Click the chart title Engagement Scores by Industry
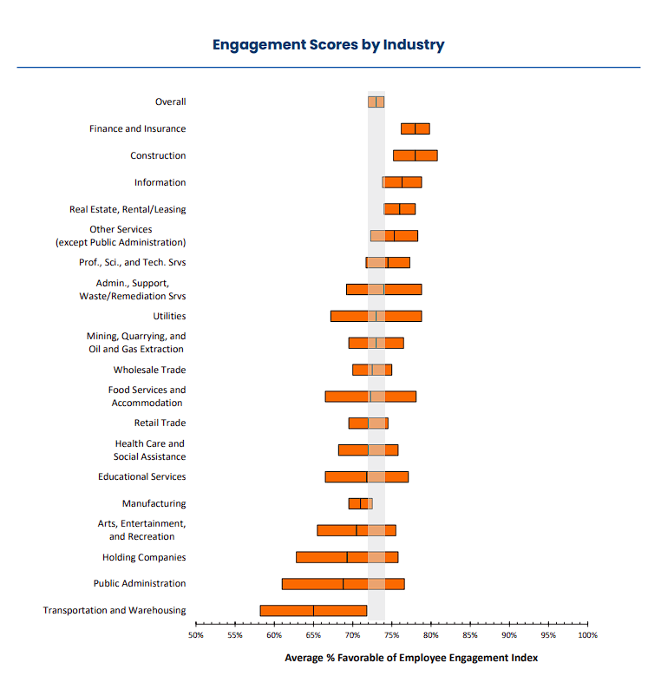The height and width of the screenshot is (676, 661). pyautogui.click(x=329, y=44)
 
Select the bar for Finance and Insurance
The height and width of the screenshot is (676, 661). pyautogui.click(x=415, y=128)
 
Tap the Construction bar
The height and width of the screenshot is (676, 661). pyautogui.click(x=415, y=155)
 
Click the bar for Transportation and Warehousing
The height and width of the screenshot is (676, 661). pyautogui.click(x=312, y=610)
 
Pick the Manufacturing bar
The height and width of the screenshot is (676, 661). pyautogui.click(x=360, y=503)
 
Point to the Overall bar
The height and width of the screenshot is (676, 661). pyautogui.click(x=376, y=102)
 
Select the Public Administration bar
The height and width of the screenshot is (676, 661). pyautogui.click(x=343, y=583)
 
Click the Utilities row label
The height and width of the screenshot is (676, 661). pyautogui.click(x=169, y=316)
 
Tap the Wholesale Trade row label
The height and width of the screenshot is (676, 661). pyautogui.click(x=149, y=370)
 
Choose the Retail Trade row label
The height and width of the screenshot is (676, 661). pyautogui.click(x=160, y=423)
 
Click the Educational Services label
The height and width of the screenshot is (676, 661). pyautogui.click(x=141, y=476)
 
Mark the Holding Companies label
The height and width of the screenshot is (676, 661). pyautogui.click(x=144, y=557)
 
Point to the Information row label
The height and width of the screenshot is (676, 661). pyautogui.click(x=160, y=182)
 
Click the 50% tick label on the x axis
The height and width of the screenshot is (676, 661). pyautogui.click(x=196, y=635)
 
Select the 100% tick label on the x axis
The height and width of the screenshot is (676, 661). pyautogui.click(x=587, y=635)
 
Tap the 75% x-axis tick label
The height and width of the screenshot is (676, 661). pyautogui.click(x=392, y=635)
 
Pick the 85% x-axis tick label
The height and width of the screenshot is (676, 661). pyautogui.click(x=470, y=635)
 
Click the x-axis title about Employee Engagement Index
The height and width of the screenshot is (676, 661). pyautogui.click(x=411, y=658)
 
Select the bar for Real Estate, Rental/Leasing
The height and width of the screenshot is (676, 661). pyautogui.click(x=399, y=209)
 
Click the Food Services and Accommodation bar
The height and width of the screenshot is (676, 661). pyautogui.click(x=370, y=397)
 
